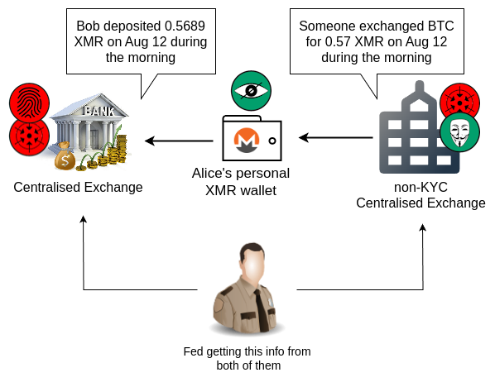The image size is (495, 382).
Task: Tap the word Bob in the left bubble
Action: point(87,26)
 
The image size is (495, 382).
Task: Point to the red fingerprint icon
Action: point(29,103)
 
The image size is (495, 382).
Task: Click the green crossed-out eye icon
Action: point(251,90)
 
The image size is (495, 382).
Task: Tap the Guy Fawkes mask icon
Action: point(460,131)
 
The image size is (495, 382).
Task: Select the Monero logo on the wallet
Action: point(247,140)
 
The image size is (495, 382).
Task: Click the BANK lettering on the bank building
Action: point(99,111)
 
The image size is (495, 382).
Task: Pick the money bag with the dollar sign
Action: point(65,157)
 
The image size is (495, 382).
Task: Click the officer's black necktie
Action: point(261,310)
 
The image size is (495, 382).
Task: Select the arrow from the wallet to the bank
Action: point(179,141)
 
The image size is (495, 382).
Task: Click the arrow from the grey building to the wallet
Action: point(336,137)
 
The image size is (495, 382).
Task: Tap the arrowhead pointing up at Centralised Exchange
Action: point(84,219)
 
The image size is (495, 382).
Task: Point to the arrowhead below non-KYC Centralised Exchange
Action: point(423,227)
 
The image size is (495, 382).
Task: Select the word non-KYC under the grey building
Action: point(421,188)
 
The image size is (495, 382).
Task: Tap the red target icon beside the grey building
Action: point(460,103)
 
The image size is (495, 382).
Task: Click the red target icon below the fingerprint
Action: point(29,136)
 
